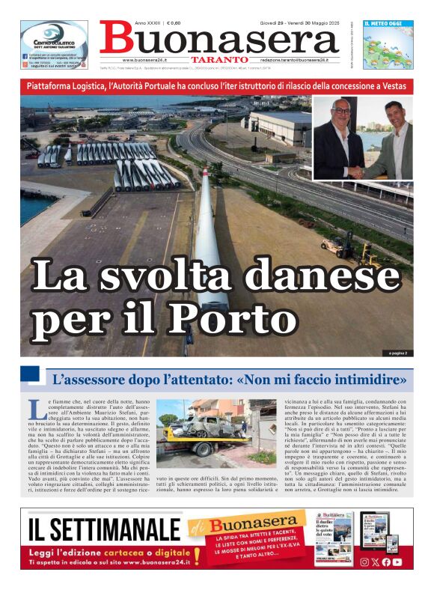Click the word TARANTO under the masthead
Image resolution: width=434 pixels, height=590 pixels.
point(218,59)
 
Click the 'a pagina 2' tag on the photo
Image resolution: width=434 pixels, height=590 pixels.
point(397,353)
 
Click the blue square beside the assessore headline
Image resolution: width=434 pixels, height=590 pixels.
point(29,374)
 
